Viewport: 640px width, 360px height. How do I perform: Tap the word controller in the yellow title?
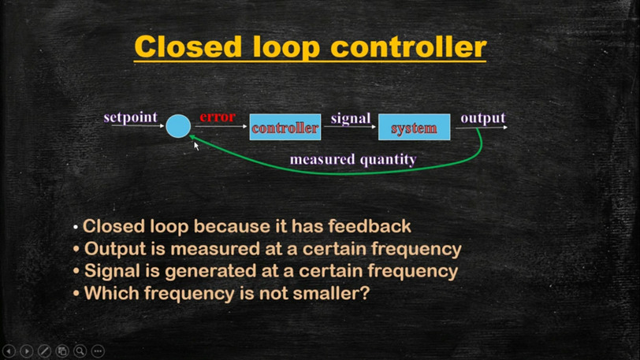pyautogui.click(x=407, y=46)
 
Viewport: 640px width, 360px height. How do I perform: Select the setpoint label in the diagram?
pyautogui.click(x=130, y=117)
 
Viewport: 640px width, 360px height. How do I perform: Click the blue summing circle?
pyautogui.click(x=178, y=126)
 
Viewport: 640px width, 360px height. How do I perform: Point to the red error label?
pyautogui.click(x=217, y=117)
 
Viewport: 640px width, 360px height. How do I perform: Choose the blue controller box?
pyautogui.click(x=285, y=127)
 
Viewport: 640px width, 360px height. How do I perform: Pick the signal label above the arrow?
pyautogui.click(x=350, y=118)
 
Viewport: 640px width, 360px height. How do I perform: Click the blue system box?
pyautogui.click(x=414, y=127)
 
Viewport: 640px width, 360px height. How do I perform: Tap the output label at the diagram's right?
pyautogui.click(x=482, y=117)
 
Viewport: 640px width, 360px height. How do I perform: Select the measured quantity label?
pyautogui.click(x=352, y=159)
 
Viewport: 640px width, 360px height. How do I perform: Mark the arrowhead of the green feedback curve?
pyautogui.click(x=194, y=138)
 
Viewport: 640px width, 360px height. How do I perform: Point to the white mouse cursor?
pyautogui.click(x=197, y=146)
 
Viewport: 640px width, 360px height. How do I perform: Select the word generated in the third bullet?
pyautogui.click(x=205, y=271)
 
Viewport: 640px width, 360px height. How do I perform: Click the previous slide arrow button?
pyautogui.click(x=9, y=351)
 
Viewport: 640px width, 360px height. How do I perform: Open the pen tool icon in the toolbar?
pyautogui.click(x=44, y=351)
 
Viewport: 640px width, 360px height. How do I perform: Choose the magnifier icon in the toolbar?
pyautogui.click(x=80, y=351)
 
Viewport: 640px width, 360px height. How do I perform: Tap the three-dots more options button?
pyautogui.click(x=98, y=351)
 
